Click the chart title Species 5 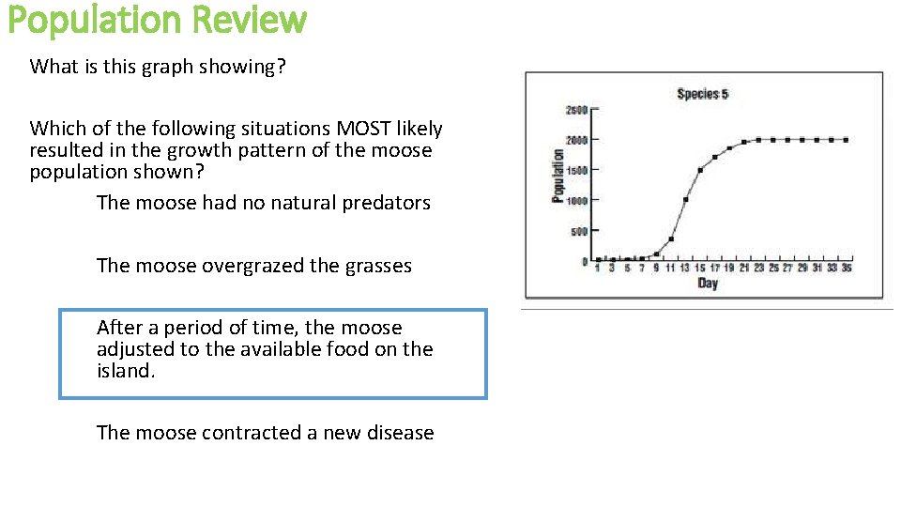click(702, 94)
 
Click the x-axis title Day click(708, 284)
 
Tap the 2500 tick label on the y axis click(575, 110)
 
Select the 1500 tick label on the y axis click(575, 171)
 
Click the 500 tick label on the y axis click(578, 232)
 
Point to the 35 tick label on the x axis click(847, 269)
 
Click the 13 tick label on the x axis click(685, 269)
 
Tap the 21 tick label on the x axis click(743, 269)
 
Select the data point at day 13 click(686, 199)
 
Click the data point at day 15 click(700, 170)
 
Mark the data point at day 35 click(847, 140)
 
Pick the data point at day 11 click(671, 238)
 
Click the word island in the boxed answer click(123, 371)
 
